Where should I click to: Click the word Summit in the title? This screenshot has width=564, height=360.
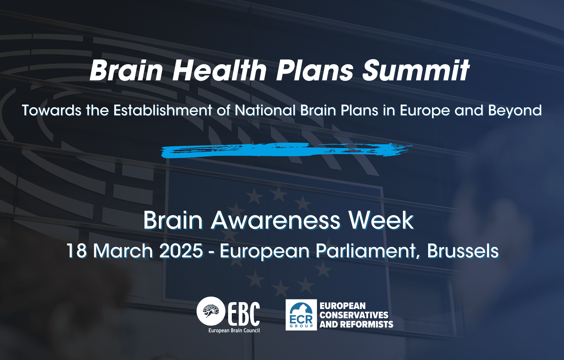416,70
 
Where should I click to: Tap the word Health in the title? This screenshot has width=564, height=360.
219,70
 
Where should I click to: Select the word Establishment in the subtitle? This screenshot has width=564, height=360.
163,110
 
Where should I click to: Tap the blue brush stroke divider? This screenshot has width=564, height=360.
286,150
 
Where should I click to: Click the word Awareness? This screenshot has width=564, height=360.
276,220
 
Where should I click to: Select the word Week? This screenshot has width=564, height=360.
381,220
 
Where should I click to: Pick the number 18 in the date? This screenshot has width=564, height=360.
77,251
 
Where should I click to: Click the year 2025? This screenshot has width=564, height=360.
181,251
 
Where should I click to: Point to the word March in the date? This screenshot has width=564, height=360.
123,251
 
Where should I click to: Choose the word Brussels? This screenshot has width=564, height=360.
463,251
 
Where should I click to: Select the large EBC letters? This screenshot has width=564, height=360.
244,313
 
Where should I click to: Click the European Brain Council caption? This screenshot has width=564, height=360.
234,330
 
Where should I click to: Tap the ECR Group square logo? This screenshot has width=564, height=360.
301,315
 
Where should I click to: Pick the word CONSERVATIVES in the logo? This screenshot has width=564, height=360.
354,315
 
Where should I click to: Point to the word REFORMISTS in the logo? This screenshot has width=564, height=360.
367,324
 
